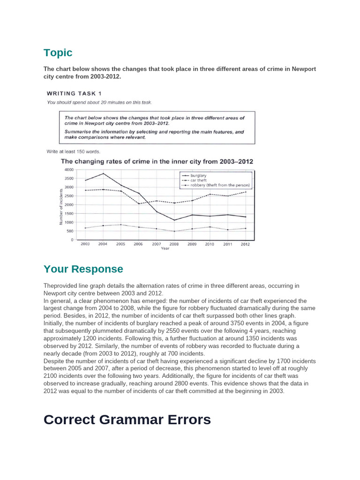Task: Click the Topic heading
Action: pos(58,52)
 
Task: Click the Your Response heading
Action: pos(83,269)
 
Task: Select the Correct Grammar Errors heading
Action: pos(127,420)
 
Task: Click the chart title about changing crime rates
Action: pos(157,161)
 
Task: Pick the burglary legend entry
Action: pos(198,175)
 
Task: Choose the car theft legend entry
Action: pos(198,180)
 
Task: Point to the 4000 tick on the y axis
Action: pos(69,169)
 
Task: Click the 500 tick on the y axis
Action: pos(70,231)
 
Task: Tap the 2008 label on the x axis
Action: pos(174,244)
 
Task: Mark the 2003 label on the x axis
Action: pos(85,244)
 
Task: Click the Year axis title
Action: pos(165,248)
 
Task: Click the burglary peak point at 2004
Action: pos(103,173)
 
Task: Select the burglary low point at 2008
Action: pos(174,220)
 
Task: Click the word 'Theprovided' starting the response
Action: pos(59,285)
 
